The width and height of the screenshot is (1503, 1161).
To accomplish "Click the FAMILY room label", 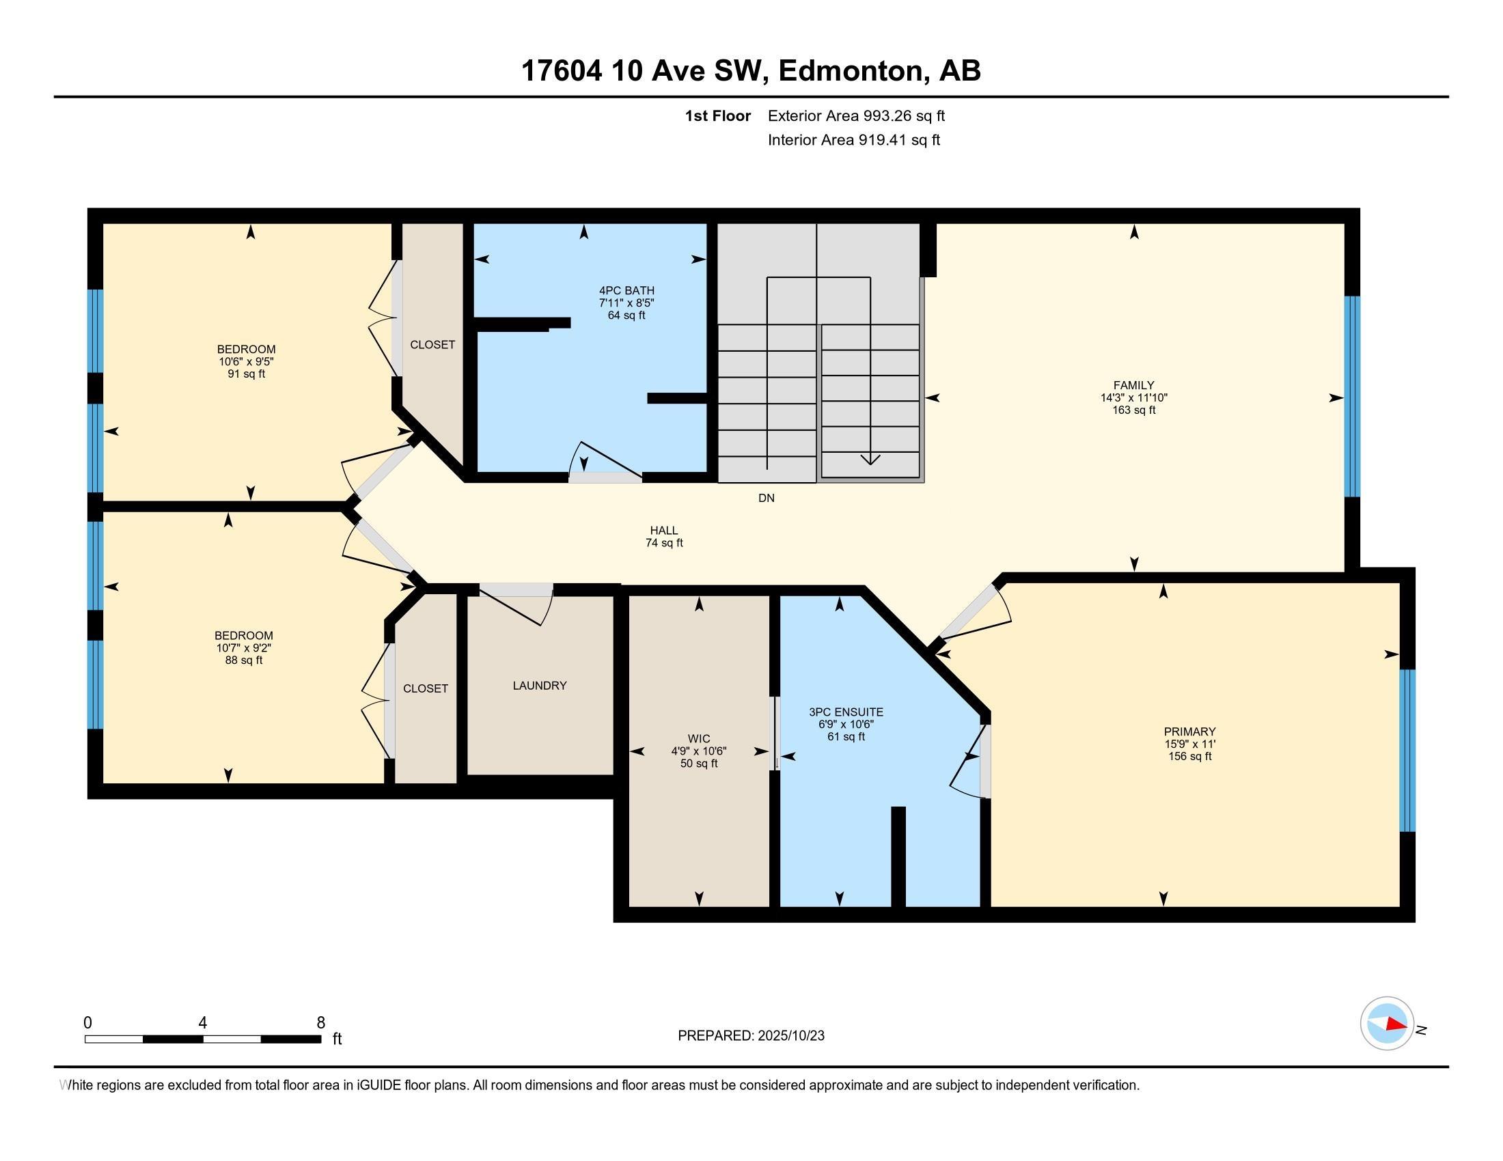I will (1133, 385).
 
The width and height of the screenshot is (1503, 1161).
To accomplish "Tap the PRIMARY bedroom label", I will (1189, 732).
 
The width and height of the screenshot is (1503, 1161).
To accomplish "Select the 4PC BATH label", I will (626, 291).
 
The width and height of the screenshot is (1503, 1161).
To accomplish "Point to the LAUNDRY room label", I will (540, 686).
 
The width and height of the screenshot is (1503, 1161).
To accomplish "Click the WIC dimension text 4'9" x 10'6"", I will (698, 752).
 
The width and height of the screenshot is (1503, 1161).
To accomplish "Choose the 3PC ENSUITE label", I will (846, 712).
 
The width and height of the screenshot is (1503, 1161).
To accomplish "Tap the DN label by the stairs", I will (766, 498).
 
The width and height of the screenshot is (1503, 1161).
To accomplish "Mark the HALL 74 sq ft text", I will (664, 543).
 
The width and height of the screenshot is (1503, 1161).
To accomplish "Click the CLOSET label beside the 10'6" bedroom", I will (432, 345).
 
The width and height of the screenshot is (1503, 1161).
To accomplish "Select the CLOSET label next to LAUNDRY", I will (426, 688).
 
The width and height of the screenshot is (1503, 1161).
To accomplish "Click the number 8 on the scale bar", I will (320, 1023).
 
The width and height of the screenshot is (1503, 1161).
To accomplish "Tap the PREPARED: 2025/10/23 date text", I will (751, 1036).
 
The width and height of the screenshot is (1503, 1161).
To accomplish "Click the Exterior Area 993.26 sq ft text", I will (856, 115).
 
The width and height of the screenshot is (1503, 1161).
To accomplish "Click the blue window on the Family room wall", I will (1351, 397).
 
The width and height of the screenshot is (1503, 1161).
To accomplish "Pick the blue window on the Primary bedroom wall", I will (1407, 751).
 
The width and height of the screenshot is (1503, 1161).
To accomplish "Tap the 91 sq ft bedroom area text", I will (247, 374).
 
